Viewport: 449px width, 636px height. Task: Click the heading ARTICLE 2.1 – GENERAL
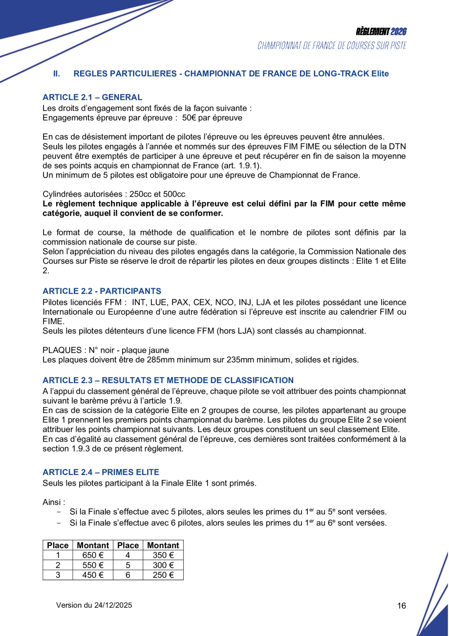pyautogui.click(x=92, y=97)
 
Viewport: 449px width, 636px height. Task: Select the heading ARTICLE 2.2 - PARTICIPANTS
pyautogui.click(x=102, y=291)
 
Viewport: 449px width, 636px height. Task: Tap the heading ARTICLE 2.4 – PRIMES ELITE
pyautogui.click(x=101, y=472)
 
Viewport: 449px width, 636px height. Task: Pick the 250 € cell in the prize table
pyautogui.click(x=163, y=575)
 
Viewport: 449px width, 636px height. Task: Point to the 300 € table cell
pyautogui.click(x=163, y=565)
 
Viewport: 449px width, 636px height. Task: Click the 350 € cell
pyautogui.click(x=163, y=555)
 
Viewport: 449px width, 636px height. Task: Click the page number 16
pyautogui.click(x=402, y=606)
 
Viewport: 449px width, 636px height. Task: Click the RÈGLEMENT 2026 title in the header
pyautogui.click(x=381, y=32)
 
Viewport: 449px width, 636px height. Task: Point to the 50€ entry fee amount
pyautogui.click(x=189, y=118)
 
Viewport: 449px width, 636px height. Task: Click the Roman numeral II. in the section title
pyautogui.click(x=57, y=74)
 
